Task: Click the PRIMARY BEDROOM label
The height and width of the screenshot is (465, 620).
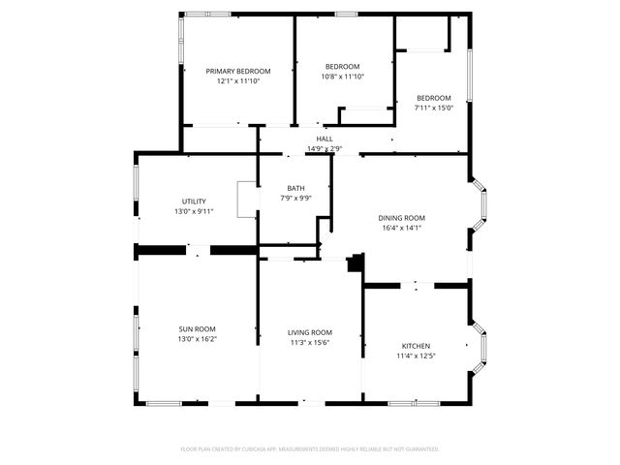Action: pos(237,71)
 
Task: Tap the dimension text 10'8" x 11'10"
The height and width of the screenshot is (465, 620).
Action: pos(342,77)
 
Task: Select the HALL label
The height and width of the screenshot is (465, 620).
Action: pos(324,139)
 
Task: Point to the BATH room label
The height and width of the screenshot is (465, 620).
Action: pos(296,188)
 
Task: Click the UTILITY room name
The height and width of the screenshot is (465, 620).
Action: pos(194,201)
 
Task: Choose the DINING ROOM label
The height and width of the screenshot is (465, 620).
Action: pos(401,218)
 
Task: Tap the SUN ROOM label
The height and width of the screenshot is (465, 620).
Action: pos(197,329)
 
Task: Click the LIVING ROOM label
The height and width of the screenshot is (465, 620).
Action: pos(310,332)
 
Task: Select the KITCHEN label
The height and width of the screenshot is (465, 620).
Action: pos(416,346)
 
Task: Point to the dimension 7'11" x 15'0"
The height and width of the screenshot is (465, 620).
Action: pos(433,108)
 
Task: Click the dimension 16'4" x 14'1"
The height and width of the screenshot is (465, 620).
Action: pos(401,229)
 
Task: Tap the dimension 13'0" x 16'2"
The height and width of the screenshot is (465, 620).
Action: pos(197,340)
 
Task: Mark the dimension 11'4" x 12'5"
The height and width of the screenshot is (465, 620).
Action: pos(416,356)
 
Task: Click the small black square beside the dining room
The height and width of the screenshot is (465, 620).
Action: pos(356,263)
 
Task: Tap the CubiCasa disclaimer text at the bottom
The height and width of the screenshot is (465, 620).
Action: pos(310,449)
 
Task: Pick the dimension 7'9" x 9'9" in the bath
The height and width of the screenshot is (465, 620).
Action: pos(296,198)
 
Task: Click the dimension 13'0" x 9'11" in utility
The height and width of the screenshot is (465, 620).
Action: pos(194,211)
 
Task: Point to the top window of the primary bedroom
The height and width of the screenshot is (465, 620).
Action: pos(207,14)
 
